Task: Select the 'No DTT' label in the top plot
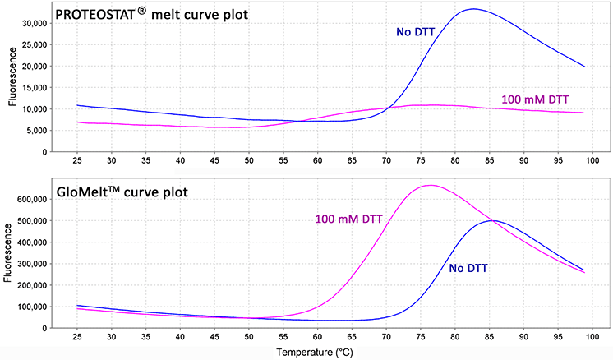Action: [417, 33]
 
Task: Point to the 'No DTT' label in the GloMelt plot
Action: [474, 268]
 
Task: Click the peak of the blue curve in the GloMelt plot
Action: [491, 220]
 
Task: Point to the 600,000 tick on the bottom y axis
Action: [29, 200]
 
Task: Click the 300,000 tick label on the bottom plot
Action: [29, 264]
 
